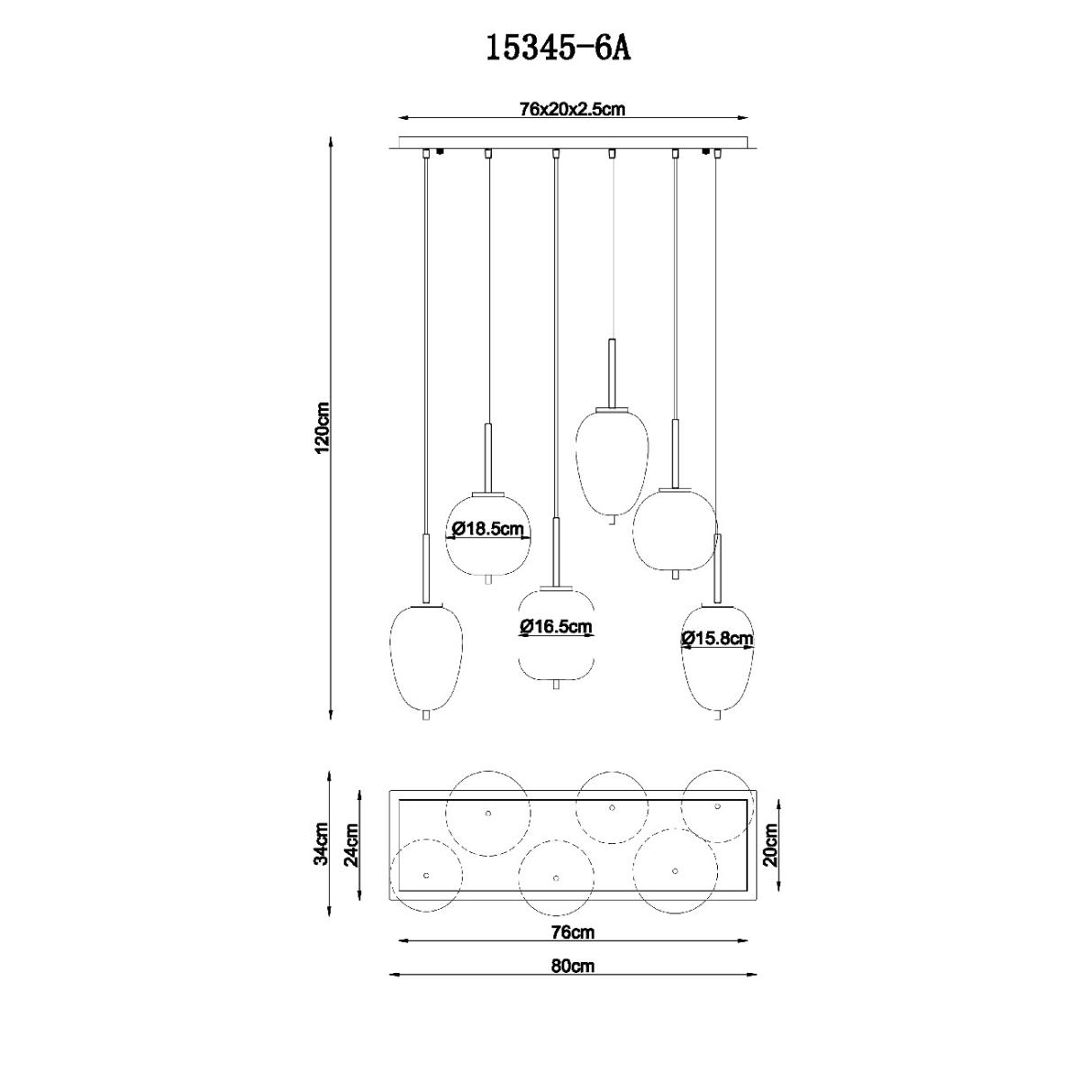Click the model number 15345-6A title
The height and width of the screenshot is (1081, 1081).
558,47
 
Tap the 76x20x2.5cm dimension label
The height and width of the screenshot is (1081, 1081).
572,109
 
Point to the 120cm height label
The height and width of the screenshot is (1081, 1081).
322,428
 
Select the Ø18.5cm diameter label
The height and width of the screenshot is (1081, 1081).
488,529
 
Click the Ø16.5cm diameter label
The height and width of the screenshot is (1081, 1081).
556,626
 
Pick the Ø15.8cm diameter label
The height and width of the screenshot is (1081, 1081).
717,638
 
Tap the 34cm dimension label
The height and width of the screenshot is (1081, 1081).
322,852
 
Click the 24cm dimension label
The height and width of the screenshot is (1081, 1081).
351,852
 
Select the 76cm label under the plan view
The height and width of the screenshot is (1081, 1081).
572,931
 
